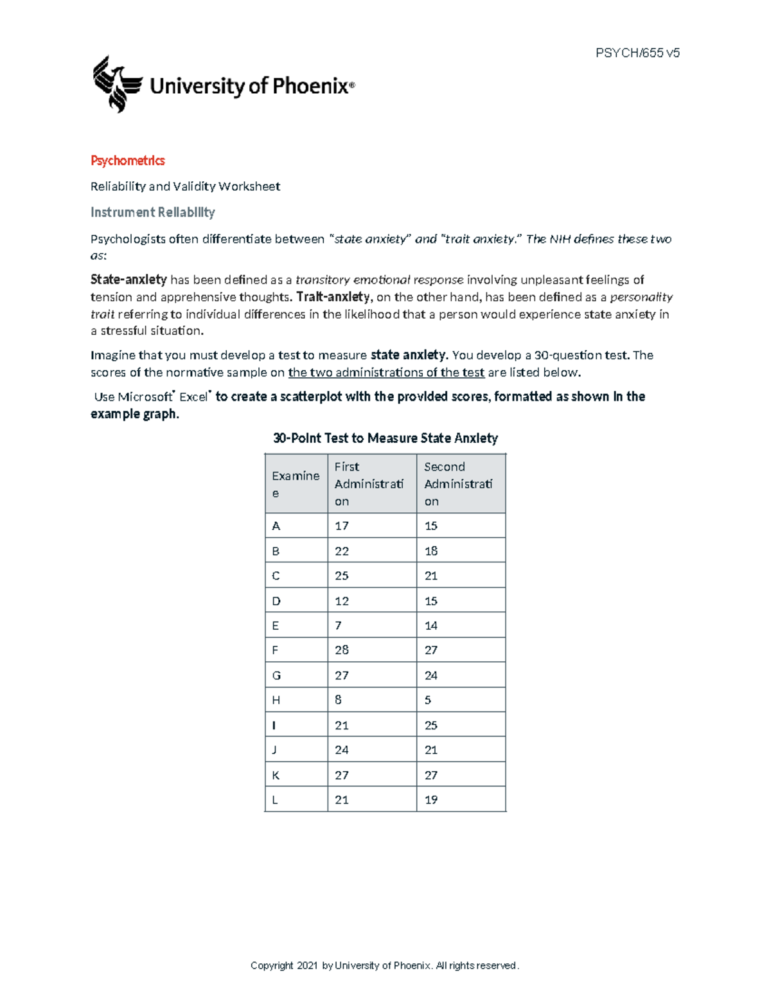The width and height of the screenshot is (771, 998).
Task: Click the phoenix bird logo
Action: [x=117, y=84]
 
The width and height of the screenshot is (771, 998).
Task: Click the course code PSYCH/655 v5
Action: [x=637, y=53]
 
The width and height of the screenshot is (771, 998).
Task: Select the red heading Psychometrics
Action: [x=127, y=161]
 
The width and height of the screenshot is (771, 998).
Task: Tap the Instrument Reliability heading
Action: [x=152, y=212]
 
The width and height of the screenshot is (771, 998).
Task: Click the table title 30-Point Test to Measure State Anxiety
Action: [x=385, y=438]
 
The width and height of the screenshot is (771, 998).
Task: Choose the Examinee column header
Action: [x=296, y=484]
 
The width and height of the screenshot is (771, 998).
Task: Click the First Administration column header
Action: [x=369, y=484]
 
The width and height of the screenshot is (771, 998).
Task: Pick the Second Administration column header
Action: [x=458, y=484]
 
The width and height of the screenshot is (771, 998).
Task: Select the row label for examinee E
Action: [x=276, y=625]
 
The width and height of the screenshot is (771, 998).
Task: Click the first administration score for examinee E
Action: [x=338, y=625]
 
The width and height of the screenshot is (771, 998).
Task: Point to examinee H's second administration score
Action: [x=428, y=700]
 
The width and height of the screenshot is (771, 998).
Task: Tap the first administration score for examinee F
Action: [x=341, y=650]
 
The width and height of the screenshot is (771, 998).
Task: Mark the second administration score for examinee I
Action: [x=430, y=725]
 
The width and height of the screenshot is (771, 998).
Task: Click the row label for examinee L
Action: [x=275, y=800]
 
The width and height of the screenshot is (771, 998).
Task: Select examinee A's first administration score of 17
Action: [x=341, y=526]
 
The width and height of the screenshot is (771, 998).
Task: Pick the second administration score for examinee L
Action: [x=430, y=800]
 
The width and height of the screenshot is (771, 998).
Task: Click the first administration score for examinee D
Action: [x=341, y=601]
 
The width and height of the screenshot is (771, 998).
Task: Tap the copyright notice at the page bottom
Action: [x=384, y=965]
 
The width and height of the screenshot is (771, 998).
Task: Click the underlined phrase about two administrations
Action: [x=386, y=373]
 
